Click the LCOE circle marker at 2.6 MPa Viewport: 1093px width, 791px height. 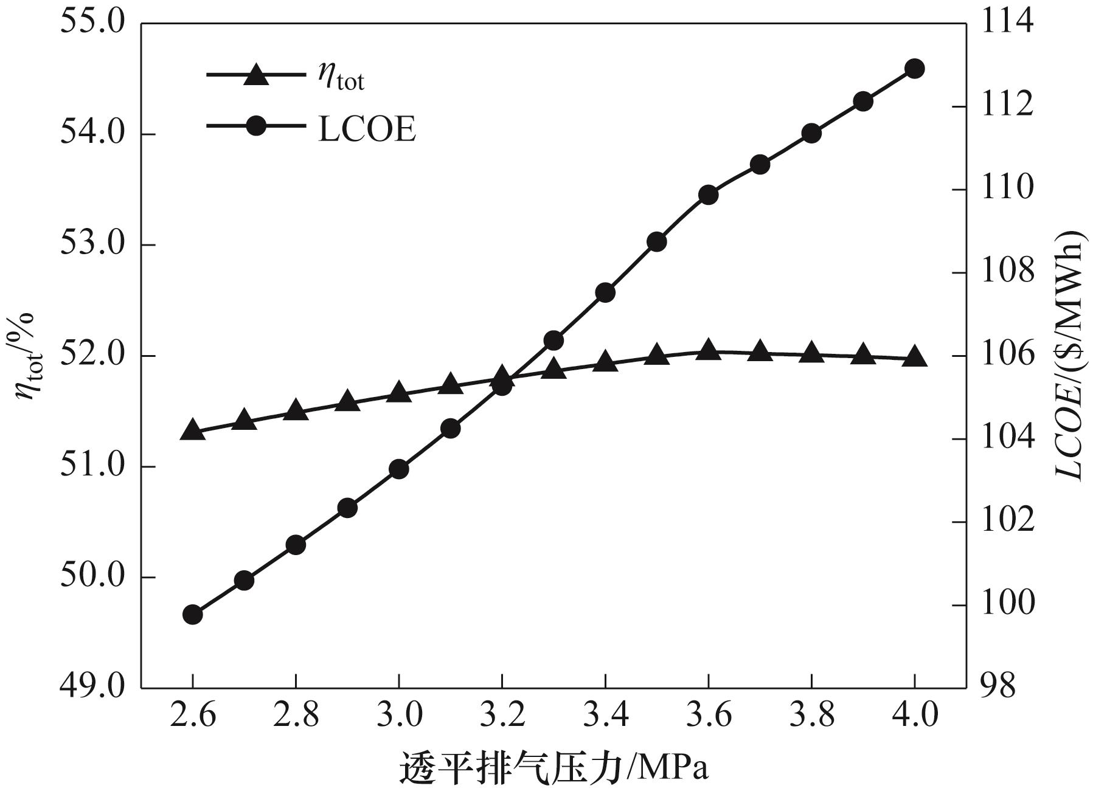tap(192, 615)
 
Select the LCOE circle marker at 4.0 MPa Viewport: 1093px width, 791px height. tap(915, 69)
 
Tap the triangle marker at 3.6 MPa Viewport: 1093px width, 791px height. tap(708, 350)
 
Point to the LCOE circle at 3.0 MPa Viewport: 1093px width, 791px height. tap(398, 469)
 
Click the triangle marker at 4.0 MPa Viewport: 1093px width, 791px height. tap(915, 357)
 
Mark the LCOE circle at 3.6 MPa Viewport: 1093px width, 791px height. tap(708, 195)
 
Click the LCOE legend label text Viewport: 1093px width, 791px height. tap(367, 128)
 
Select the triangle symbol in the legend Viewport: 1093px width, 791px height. tap(256, 75)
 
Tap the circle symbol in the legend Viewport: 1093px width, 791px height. tap(256, 127)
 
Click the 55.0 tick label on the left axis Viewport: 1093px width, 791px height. tap(92, 23)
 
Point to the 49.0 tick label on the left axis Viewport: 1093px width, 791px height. tap(92, 687)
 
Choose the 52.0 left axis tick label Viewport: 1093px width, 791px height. tap(92, 356)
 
